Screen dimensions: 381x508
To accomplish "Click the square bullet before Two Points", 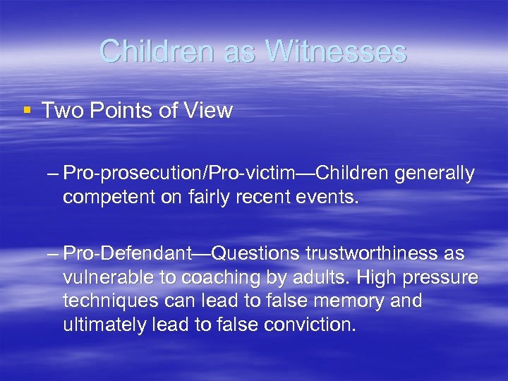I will coord(27,110).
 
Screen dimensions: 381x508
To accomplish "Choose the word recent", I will coord(272,197).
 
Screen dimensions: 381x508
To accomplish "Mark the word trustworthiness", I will coord(371,253).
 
